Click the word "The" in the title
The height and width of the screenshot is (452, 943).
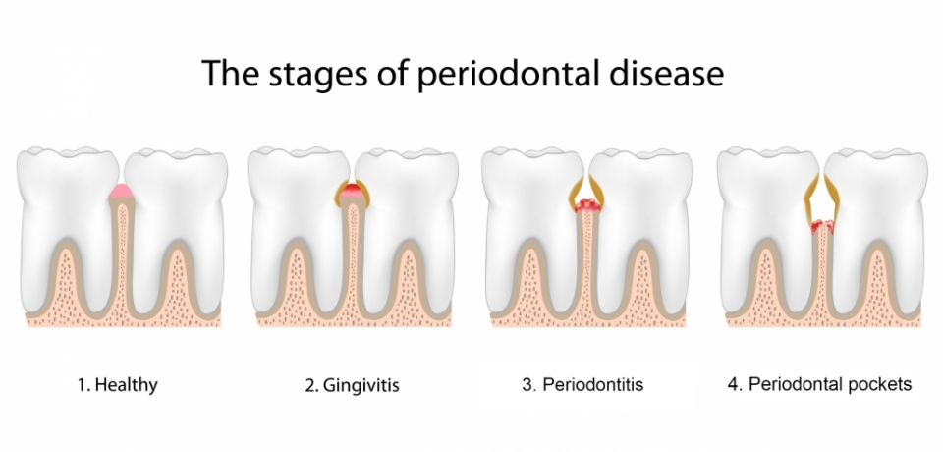coord(231,73)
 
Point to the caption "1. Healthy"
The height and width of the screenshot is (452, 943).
coord(118,384)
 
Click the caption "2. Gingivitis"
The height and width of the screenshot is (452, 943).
coord(352,385)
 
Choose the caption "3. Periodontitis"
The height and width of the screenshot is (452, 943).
coord(582,384)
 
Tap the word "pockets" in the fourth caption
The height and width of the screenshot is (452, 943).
coord(877,384)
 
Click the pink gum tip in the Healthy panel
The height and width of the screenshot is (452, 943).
coord(121,193)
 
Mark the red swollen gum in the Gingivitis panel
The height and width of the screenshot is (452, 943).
coord(352,194)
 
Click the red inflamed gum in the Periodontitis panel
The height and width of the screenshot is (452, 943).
coord(587,206)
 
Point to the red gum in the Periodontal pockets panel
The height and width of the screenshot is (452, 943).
coord(821,226)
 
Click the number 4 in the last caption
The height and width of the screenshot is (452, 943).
coord(735,384)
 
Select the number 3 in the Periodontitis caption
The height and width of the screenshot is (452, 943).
coord(527,384)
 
